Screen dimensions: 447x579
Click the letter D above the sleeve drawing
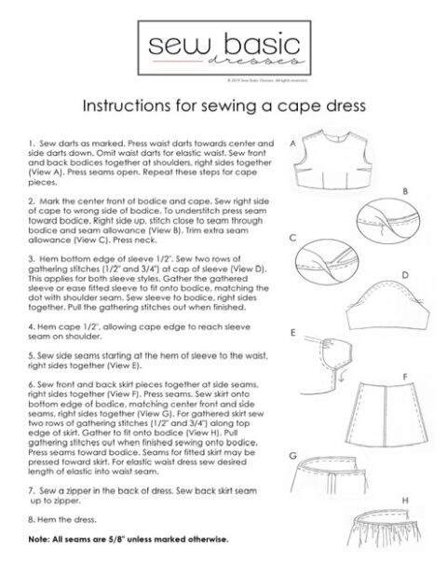405,275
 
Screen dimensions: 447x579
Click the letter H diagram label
405,501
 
